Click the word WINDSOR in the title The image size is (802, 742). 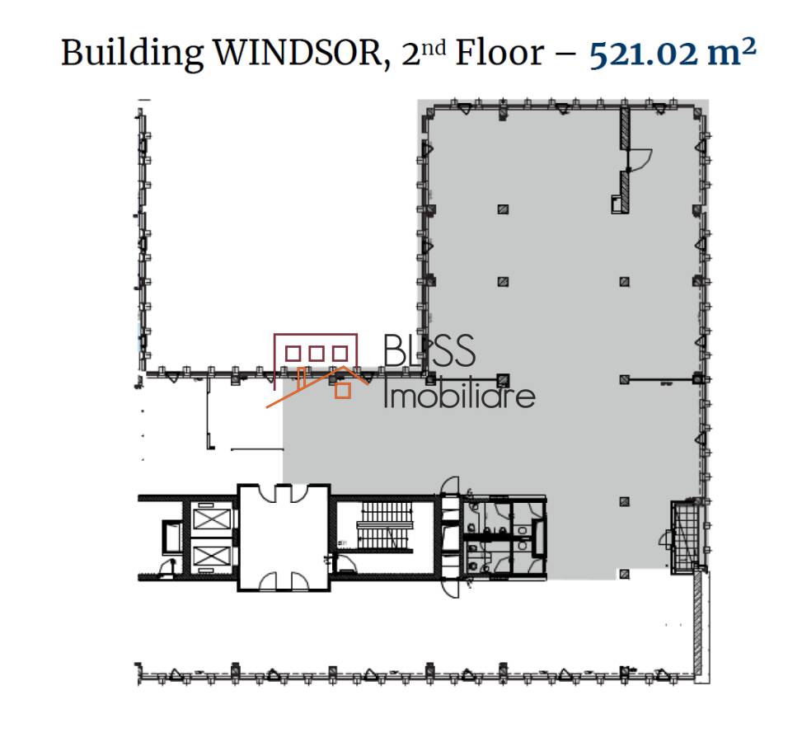pyautogui.click(x=298, y=53)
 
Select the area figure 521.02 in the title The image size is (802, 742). pyautogui.click(x=644, y=54)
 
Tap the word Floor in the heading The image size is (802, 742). pyautogui.click(x=499, y=53)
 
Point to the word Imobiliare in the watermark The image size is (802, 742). pyautogui.click(x=459, y=395)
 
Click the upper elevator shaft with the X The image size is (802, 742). pyautogui.click(x=210, y=519)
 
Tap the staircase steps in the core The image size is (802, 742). pyautogui.click(x=387, y=524)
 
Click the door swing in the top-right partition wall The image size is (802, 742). pyautogui.click(x=640, y=159)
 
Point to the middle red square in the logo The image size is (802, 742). pyautogui.click(x=317, y=353)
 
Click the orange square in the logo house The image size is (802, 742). pyautogui.click(x=343, y=391)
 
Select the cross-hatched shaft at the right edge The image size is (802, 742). pyautogui.click(x=686, y=538)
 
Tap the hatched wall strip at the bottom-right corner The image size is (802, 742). pyautogui.click(x=698, y=623)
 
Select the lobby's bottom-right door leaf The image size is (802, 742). pyautogui.click(x=301, y=581)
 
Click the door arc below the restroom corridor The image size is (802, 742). pyautogui.click(x=450, y=588)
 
